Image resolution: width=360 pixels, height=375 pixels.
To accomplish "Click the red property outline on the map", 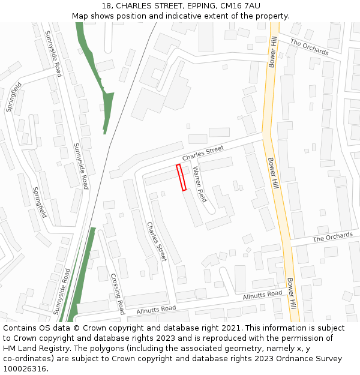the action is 181,178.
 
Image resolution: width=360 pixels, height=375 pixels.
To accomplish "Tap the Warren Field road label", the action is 200,184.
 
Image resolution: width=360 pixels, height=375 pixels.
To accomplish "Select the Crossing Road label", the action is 118,293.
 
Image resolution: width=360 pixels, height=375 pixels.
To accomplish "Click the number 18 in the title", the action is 107,6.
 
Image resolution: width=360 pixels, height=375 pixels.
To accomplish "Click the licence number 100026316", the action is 25,369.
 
